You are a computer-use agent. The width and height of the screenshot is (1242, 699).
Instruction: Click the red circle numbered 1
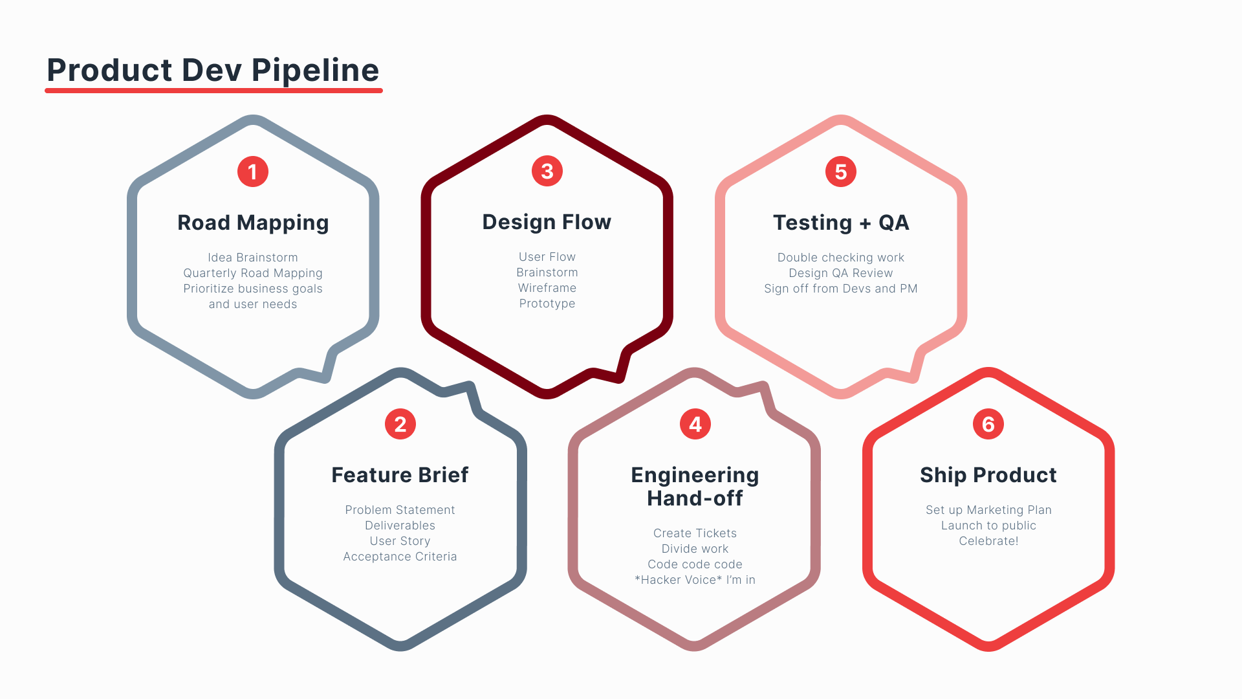[x=253, y=172]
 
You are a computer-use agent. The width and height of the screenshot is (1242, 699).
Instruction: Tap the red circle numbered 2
[x=400, y=424]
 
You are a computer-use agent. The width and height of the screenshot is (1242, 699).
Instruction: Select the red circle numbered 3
[x=547, y=171]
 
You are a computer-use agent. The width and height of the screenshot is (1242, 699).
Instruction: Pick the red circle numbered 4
[x=695, y=424]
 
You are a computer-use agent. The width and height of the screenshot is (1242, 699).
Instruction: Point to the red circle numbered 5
[x=841, y=172]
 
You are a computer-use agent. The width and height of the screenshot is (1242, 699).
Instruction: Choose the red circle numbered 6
[x=988, y=424]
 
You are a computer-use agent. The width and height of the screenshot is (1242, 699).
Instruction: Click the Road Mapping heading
[x=253, y=223]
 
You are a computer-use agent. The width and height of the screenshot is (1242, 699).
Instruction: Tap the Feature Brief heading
[x=400, y=475]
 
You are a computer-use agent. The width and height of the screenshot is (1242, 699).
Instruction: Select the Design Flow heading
[x=547, y=222]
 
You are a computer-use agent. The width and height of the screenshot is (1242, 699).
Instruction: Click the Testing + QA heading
[x=841, y=223]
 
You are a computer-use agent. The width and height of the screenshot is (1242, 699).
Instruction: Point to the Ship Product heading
[x=988, y=475]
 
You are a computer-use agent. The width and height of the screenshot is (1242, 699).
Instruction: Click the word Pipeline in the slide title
[x=315, y=70]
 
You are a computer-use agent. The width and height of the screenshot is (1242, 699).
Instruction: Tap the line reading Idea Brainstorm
[x=253, y=258]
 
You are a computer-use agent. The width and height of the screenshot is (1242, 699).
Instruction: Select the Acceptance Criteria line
[x=400, y=557]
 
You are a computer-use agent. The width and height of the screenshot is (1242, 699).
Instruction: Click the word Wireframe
[x=547, y=288]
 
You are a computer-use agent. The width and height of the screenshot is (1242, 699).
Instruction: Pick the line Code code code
[x=695, y=564]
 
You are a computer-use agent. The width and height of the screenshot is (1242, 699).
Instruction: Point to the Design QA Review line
[x=841, y=273]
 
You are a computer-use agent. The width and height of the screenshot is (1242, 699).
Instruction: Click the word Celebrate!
[x=988, y=541]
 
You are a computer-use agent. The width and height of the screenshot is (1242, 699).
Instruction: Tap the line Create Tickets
[x=695, y=533]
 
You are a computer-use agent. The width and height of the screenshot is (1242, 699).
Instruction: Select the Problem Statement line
[x=400, y=510]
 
